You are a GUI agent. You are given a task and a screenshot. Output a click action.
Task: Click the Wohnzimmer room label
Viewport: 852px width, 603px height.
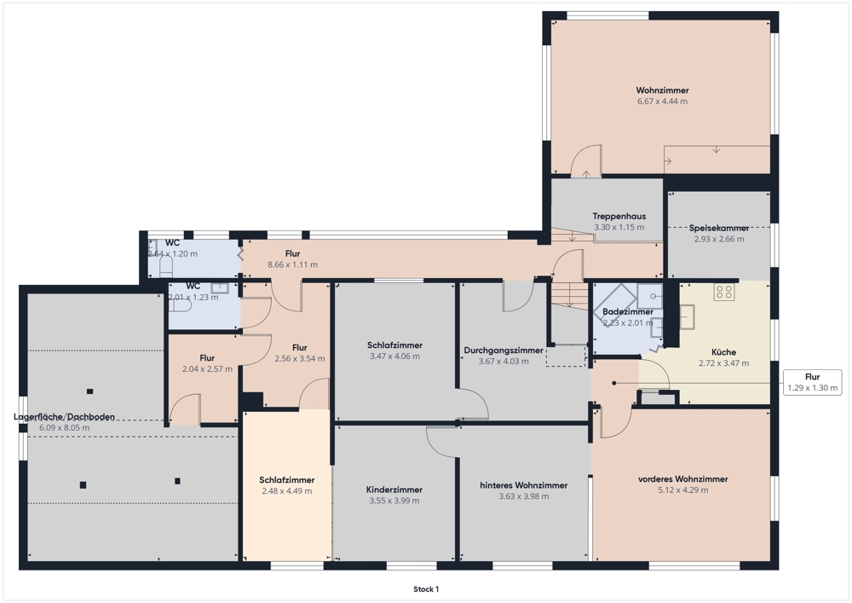662,90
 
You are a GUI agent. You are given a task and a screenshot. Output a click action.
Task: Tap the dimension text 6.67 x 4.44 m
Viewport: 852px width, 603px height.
662,101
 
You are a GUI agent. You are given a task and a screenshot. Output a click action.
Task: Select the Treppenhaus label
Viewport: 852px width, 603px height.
619,217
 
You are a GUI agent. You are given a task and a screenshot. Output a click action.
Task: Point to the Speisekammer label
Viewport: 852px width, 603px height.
719,229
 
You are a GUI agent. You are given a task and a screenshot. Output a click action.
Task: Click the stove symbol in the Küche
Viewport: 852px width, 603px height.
723,292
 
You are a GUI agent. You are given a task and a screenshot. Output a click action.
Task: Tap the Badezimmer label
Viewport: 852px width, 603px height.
628,312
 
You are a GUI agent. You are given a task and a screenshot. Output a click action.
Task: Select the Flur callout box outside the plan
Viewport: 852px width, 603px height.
812,382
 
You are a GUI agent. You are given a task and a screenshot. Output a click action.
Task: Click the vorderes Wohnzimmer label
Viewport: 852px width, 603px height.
683,479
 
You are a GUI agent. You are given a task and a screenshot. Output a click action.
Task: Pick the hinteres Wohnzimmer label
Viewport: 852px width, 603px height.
523,485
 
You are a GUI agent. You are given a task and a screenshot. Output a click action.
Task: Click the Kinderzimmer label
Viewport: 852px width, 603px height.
394,490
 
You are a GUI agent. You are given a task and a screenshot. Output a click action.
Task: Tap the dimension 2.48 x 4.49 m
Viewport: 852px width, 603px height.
287,491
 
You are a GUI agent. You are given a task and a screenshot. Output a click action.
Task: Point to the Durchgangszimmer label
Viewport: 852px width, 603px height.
504,351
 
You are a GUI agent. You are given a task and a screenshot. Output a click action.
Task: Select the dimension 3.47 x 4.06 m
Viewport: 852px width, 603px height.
394,357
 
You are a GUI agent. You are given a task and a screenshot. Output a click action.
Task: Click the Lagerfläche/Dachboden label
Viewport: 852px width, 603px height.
64,417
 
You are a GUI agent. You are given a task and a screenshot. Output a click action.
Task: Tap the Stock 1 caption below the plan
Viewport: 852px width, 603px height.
426,589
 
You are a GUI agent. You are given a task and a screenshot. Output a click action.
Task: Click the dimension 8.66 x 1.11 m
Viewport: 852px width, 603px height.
292,264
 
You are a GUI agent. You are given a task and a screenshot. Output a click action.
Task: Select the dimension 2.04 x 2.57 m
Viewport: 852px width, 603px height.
207,369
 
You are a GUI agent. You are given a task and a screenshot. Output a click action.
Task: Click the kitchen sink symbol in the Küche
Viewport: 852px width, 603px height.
688,317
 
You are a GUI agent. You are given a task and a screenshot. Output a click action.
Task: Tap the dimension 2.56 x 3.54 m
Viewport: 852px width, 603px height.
299,359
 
